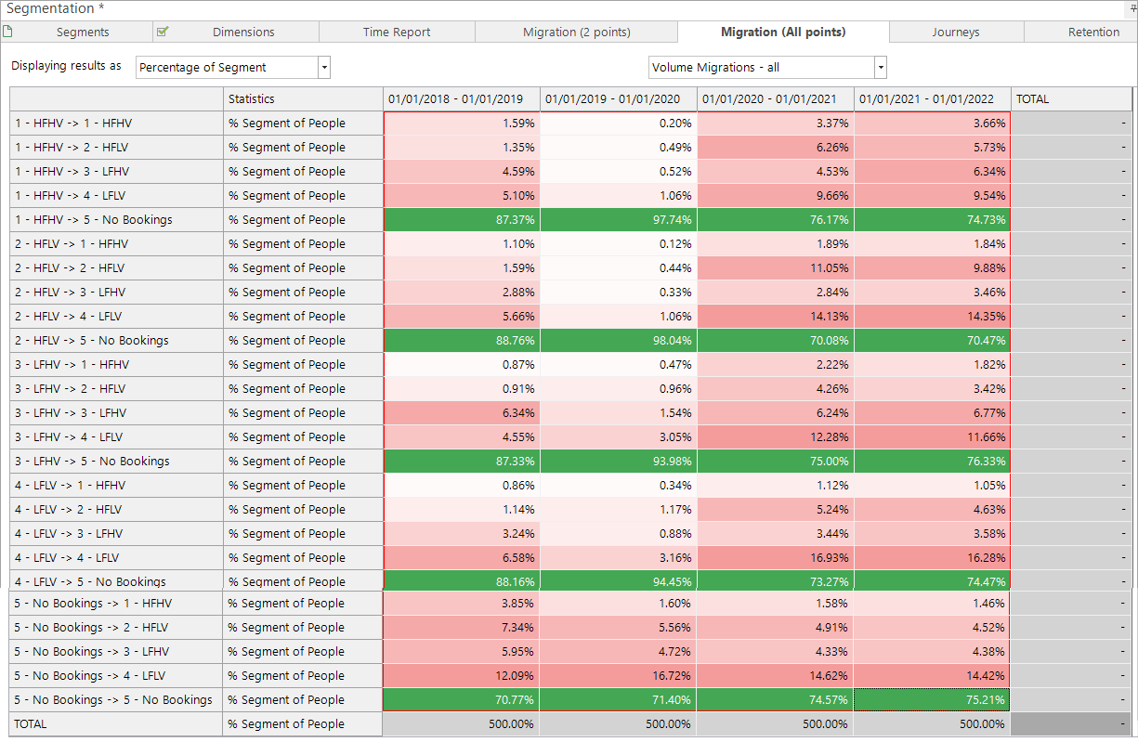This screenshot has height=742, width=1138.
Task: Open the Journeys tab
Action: click(956, 32)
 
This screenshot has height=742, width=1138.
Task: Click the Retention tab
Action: click(1093, 32)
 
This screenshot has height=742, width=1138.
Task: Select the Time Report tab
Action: click(397, 32)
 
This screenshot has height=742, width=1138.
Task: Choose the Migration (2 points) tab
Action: click(576, 32)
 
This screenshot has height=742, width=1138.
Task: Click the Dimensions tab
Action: click(243, 32)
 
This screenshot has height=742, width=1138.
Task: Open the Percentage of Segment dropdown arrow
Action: click(324, 68)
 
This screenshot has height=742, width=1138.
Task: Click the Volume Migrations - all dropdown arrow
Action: click(881, 68)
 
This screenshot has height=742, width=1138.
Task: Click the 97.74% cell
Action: click(619, 220)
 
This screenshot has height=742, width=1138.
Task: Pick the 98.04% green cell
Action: click(619, 341)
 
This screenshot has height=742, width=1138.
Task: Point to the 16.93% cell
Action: click(776, 558)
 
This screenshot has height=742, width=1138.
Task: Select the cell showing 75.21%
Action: click(932, 700)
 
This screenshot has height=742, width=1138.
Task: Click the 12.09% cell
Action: click(461, 676)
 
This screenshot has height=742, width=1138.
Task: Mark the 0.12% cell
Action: click(619, 244)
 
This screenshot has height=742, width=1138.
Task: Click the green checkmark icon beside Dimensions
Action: click(163, 32)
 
